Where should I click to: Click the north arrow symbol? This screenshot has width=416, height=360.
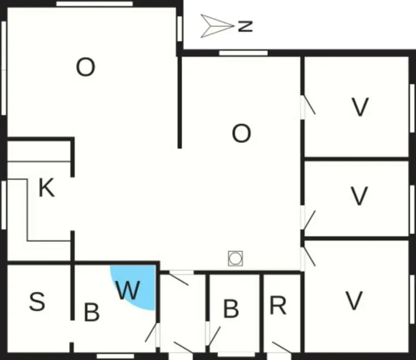click(x=217, y=26)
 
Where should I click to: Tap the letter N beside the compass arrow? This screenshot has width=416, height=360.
click(x=245, y=26)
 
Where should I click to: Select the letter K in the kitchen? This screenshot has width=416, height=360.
click(x=47, y=188)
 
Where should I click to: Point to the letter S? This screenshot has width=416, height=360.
click(x=37, y=301)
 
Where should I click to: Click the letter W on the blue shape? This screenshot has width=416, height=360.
click(x=128, y=290)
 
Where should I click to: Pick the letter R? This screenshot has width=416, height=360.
click(x=278, y=305)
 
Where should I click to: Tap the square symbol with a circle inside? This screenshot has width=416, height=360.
click(x=236, y=259)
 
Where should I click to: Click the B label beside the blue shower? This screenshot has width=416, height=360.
click(x=92, y=312)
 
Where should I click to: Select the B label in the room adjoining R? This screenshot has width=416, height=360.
click(x=231, y=308)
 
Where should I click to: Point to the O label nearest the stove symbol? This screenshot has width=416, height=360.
click(x=241, y=134)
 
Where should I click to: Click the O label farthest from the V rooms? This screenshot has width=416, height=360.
click(x=86, y=67)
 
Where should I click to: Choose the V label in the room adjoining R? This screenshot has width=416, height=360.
click(x=354, y=301)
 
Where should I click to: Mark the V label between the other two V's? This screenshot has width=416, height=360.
click(x=359, y=196)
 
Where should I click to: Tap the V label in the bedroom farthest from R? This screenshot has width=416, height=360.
click(x=360, y=107)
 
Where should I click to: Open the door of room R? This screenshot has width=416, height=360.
click(x=282, y=347)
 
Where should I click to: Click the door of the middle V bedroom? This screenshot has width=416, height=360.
click(x=309, y=220)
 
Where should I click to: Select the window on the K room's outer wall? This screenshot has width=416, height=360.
click(x=4, y=205)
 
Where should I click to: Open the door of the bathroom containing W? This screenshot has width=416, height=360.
click(x=151, y=332)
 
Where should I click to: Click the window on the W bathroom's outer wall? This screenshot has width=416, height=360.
click(x=116, y=356)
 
